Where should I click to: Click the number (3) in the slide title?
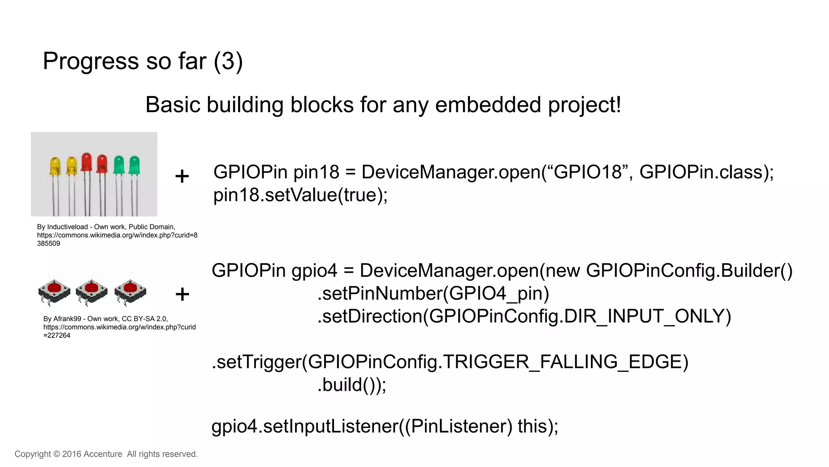pyautogui.click(x=228, y=62)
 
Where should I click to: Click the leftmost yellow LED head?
pyautogui.click(x=55, y=166)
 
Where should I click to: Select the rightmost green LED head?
pyautogui.click(x=134, y=164)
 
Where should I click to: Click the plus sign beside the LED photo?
pyautogui.click(x=182, y=176)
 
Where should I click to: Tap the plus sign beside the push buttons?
pyautogui.click(x=182, y=294)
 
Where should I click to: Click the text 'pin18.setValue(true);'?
pyautogui.click(x=300, y=195)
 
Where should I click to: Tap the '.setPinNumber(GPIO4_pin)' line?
pyautogui.click(x=433, y=294)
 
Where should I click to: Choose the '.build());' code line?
pyautogui.click(x=352, y=385)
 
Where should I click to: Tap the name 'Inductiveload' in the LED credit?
pyautogui.click(x=68, y=227)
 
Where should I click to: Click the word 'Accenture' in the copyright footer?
pyautogui.click(x=103, y=454)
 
